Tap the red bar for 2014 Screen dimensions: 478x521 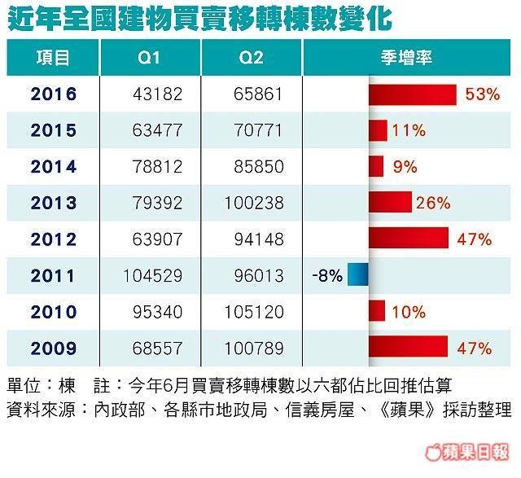[x=376, y=167]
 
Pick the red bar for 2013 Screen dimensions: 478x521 [x=390, y=203]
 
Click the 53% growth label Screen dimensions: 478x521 [x=482, y=94]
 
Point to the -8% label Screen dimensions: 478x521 [x=326, y=275]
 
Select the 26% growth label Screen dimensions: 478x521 [x=433, y=203]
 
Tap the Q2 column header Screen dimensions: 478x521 [x=252, y=59]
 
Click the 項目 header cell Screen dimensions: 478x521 [x=54, y=59]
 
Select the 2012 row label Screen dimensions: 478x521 [x=54, y=239]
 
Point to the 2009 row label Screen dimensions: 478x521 [x=54, y=348]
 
